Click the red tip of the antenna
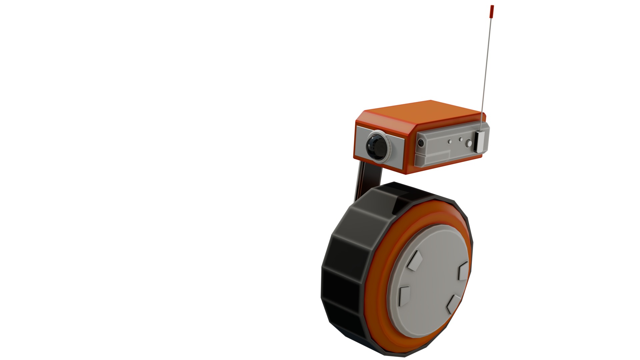click(492, 11)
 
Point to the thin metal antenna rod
click(487, 67)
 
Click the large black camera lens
click(375, 146)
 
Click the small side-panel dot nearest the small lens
click(450, 142)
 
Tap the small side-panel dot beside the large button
click(461, 139)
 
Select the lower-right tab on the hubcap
click(453, 304)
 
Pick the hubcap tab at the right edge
click(463, 271)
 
